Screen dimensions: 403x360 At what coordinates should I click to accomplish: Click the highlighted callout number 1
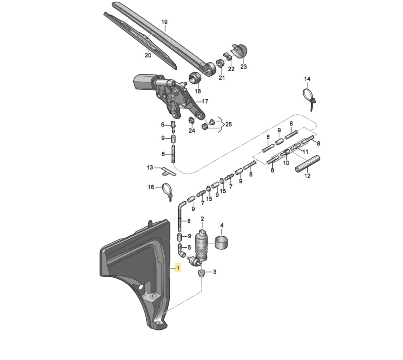pyautogui.click(x=178, y=268)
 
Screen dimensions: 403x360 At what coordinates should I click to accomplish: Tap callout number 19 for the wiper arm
pyautogui.click(x=164, y=22)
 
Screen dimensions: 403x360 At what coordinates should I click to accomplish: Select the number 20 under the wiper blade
pyautogui.click(x=148, y=55)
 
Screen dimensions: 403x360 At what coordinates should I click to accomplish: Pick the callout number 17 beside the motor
pyautogui.click(x=205, y=102)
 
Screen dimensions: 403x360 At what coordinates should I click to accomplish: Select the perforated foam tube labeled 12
pyautogui.click(x=307, y=164)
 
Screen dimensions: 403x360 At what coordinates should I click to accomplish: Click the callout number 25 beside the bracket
pyautogui.click(x=229, y=124)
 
